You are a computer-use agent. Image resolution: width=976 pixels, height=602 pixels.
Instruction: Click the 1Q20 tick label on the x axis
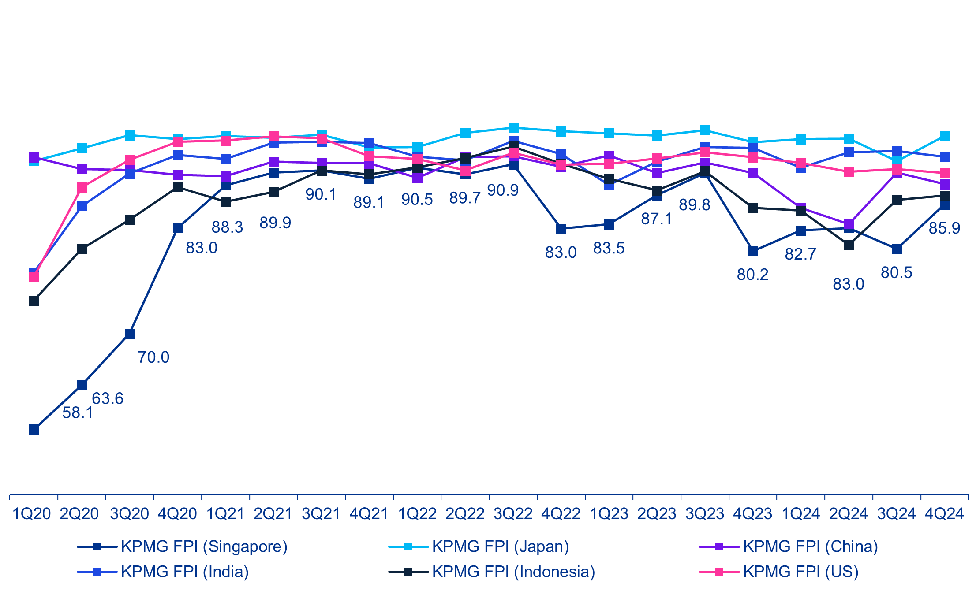pyautogui.click(x=32, y=514)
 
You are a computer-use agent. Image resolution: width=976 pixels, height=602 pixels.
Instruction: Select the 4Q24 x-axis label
pyautogui.click(x=944, y=514)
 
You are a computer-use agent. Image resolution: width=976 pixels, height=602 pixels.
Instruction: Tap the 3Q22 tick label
pyautogui.click(x=513, y=514)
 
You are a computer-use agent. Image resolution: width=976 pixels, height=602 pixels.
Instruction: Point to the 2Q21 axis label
pyautogui.click(x=273, y=514)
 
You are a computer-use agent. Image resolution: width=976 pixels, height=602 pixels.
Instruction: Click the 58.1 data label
pyautogui.click(x=78, y=413)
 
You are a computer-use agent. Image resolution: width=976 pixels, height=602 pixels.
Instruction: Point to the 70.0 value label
pyautogui.click(x=153, y=357)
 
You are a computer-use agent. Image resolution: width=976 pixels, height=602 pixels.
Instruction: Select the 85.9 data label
pyautogui.click(x=944, y=228)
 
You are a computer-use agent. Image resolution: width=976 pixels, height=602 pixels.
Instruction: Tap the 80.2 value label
pyautogui.click(x=752, y=275)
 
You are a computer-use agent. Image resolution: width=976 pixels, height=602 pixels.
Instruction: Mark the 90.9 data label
pyautogui.click(x=503, y=190)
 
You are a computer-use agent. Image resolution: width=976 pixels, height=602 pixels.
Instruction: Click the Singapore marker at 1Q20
pyautogui.click(x=34, y=429)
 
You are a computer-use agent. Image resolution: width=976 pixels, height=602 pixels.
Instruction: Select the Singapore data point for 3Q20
pyautogui.click(x=130, y=334)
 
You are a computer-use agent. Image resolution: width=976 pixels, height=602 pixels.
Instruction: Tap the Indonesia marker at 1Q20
pyautogui.click(x=34, y=301)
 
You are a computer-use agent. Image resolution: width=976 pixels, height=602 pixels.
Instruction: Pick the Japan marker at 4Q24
pyautogui.click(x=944, y=136)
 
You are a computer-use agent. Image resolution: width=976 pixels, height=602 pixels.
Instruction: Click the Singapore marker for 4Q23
pyautogui.click(x=753, y=251)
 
